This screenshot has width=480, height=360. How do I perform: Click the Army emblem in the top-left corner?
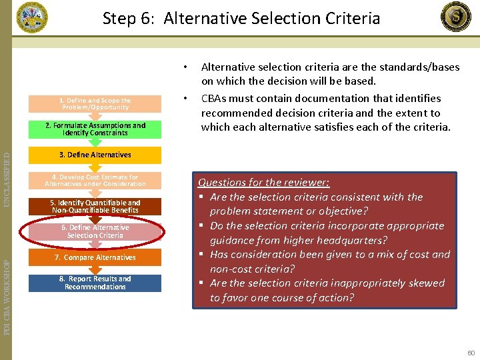[31, 17]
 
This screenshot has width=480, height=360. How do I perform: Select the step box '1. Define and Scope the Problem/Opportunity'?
[95, 104]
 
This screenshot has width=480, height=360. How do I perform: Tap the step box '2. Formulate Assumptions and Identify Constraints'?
[95, 129]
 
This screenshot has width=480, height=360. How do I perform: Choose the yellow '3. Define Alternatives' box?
[95, 155]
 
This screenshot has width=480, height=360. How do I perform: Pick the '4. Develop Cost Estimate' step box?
[95, 181]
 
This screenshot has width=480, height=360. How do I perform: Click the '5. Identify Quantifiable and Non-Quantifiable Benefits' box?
[95, 207]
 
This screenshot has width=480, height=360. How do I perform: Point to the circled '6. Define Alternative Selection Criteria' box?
[95, 231]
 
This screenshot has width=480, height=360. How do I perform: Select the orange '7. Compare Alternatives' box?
[95, 257]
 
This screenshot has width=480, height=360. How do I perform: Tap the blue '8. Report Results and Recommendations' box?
[95, 283]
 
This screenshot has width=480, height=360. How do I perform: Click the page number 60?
[471, 351]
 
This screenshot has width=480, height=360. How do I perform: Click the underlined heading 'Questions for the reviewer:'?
[263, 183]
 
